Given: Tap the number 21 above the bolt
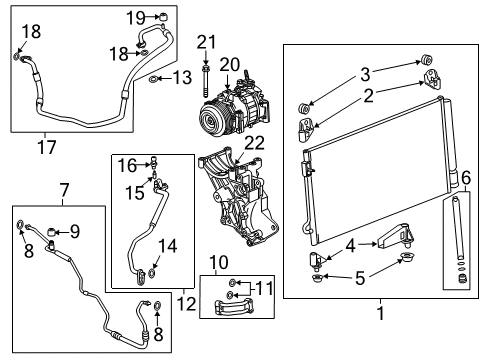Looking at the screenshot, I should [206, 40].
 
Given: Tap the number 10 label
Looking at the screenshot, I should [218, 263].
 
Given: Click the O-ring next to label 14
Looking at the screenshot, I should [150, 271].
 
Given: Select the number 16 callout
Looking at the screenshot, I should [128, 163].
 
